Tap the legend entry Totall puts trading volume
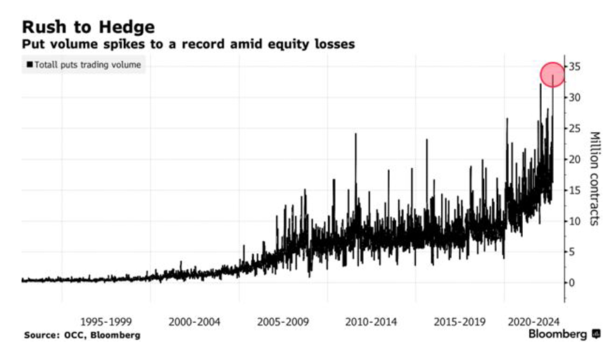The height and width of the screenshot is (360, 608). pyautogui.click(x=84, y=65)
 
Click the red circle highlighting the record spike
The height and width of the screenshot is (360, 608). pyautogui.click(x=552, y=74)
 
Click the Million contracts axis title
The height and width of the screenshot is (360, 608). pyautogui.click(x=594, y=179)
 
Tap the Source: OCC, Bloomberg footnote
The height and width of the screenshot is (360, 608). pyautogui.click(x=82, y=335)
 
